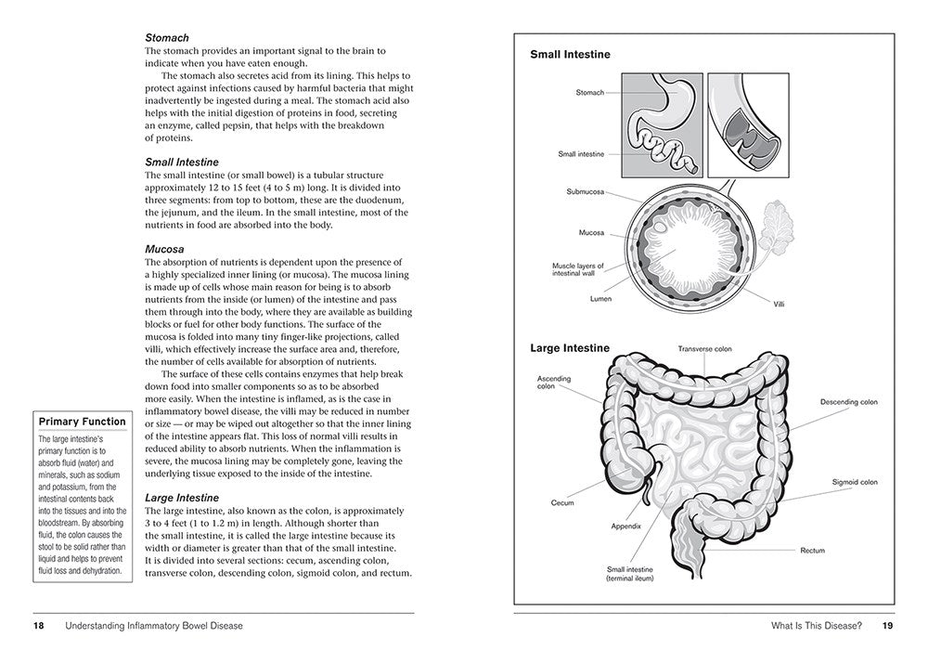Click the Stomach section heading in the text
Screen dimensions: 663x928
tap(167, 38)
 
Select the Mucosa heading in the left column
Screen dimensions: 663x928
tap(164, 250)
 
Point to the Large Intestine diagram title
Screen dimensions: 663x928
tap(570, 348)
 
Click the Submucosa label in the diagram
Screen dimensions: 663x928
tap(585, 192)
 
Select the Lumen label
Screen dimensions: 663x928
tap(600, 299)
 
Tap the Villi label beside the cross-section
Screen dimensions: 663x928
tap(779, 304)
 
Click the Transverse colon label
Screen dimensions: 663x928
tap(704, 349)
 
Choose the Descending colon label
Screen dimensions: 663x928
tap(848, 402)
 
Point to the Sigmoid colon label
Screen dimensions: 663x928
tap(855, 482)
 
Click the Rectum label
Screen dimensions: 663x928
tap(812, 551)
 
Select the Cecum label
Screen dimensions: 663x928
tap(562, 502)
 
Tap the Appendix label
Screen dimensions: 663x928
tap(625, 526)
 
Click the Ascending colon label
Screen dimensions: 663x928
tap(554, 382)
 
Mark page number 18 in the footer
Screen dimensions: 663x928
tap(39, 626)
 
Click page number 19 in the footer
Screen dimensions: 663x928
tap(887, 626)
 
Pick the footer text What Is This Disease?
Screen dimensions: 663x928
tap(816, 626)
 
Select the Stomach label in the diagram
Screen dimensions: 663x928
tap(589, 93)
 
